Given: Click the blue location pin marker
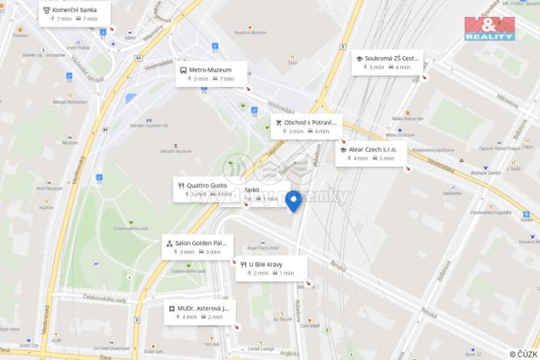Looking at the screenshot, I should coord(293,201).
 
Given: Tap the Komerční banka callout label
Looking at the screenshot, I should coord(74,12).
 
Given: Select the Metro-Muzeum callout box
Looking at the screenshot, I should coord(211,73).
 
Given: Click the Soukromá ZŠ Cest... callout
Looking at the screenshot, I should coord(388,62).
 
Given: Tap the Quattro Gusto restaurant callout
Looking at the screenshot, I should coord(206,188).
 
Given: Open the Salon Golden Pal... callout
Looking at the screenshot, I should coord(198,246).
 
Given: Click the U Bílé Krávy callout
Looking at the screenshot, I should coord(271,268).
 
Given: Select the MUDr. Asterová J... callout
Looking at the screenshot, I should coord(198,312).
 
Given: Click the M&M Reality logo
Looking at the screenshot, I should coord(489,29).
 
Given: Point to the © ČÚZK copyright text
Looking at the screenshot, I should coord(523,353).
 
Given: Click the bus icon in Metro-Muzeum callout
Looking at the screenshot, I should coord(183,70).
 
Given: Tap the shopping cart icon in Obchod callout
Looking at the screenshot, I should coord(278,122).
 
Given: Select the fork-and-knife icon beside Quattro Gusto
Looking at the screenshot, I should coord(181,185).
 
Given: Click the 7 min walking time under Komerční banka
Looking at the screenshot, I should coord(62,18).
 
